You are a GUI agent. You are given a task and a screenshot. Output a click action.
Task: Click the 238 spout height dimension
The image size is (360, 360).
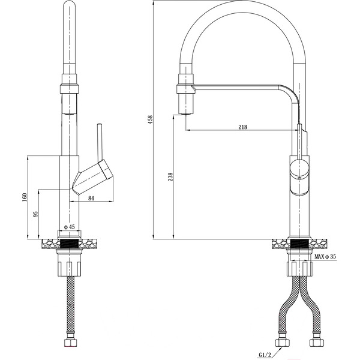point(171,177)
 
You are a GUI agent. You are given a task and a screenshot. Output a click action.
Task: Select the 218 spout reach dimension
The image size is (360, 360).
point(243,127)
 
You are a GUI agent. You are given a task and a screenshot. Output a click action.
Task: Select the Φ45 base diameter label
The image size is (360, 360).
point(69,227)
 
